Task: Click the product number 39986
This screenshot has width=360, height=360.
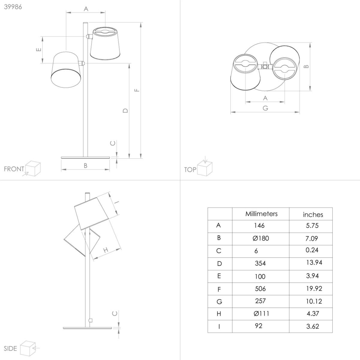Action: point(13,7)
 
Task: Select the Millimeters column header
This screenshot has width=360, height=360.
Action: point(261,214)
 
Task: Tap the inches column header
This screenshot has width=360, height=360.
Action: point(313,215)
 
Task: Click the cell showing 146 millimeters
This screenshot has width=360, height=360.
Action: point(259,226)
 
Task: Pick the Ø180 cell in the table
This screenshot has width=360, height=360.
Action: point(261,238)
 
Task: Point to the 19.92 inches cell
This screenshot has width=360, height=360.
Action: point(314,289)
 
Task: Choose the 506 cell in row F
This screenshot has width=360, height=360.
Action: point(260,289)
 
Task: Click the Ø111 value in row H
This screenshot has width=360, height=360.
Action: point(261,313)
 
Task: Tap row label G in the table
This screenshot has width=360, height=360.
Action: point(219,302)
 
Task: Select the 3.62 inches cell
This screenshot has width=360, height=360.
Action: point(313,326)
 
